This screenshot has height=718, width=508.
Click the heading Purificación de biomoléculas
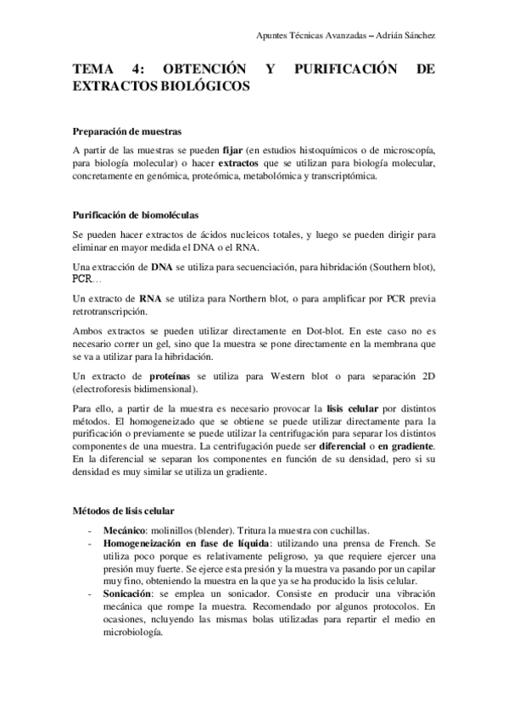click(136, 215)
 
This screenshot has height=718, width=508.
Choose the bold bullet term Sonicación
click(128, 594)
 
